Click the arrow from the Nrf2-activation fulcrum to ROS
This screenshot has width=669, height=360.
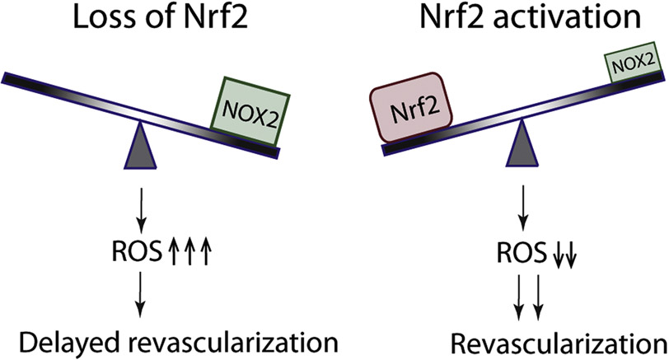[522, 206]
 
